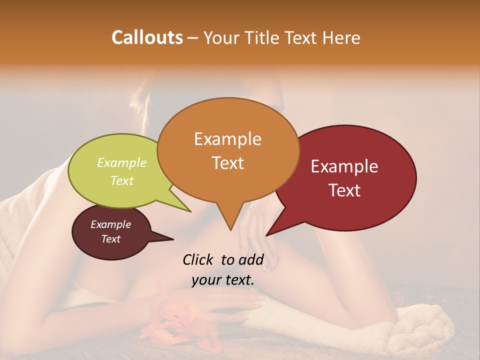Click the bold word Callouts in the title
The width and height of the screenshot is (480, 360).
coord(147,37)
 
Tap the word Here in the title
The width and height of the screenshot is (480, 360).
coord(342,37)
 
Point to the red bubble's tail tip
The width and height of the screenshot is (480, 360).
coord(267,235)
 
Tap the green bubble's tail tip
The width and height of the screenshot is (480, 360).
coord(190,211)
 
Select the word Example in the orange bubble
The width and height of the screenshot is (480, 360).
coord(227,139)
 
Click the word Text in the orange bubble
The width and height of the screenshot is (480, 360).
coord(227,163)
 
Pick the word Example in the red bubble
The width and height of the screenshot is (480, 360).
coord(344,166)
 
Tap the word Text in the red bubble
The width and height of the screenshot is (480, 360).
coord(344,190)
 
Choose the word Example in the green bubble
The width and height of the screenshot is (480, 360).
coord(122,163)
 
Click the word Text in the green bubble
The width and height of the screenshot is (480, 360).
coord(122,180)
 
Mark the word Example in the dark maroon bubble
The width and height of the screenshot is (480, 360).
coord(110,224)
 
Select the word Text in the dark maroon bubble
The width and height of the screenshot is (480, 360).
coord(110,239)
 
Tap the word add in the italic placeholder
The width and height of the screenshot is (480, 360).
coord(251,260)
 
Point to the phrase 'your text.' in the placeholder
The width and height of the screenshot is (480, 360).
coord(223,280)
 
